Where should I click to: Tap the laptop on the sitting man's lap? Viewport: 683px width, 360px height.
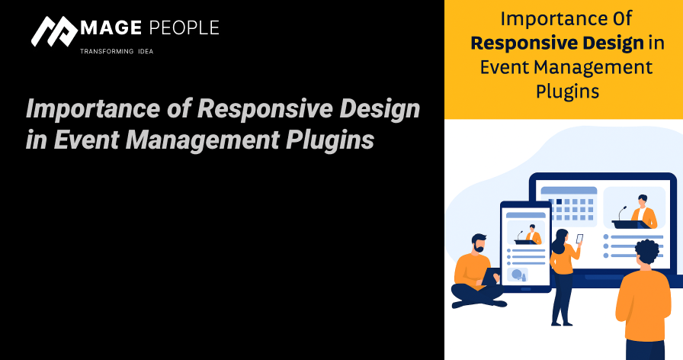pos(489,277)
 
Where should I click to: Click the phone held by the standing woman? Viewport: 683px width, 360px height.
pos(579,239)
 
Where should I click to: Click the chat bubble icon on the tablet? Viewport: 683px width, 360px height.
pos(518,275)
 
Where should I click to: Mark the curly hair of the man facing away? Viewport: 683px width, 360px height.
pos(646,251)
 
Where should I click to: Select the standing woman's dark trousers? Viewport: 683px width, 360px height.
pos(563,297)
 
